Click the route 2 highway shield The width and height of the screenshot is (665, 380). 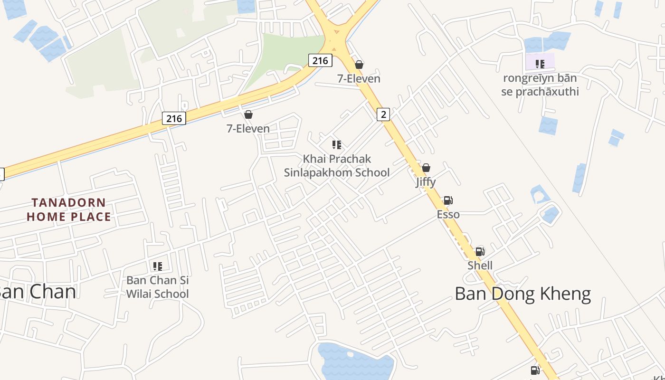coord(383,114)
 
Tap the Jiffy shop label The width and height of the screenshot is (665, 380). coord(426,181)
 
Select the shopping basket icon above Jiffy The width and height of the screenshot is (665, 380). coord(426,168)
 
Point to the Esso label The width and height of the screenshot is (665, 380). coord(448,214)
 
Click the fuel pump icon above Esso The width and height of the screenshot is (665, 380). coord(448,200)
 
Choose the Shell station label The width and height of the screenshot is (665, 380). coord(480,265)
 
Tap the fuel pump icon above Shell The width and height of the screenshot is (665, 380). coord(480,251)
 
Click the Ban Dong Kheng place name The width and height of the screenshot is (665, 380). coord(522,294)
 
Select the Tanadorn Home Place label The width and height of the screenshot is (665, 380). coord(68,209)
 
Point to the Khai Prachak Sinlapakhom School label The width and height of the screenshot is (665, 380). coord(337,165)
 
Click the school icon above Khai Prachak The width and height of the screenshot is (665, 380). coord(337,144)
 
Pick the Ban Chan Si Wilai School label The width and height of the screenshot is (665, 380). coord(157,287)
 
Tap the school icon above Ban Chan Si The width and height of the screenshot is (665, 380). coord(157,266)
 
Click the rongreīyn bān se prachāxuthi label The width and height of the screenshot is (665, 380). coord(540,85)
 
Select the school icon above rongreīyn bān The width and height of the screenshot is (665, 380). coord(540,64)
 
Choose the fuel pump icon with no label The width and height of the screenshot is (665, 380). coord(535,370)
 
